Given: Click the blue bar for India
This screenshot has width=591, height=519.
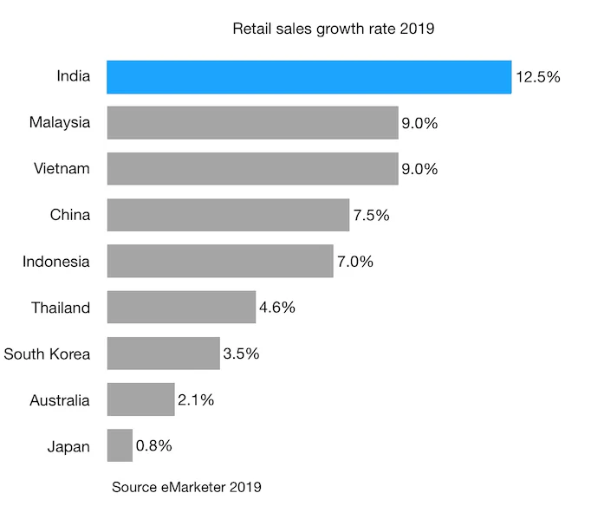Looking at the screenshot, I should (308, 76).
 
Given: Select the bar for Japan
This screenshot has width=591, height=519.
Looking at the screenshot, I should (120, 446).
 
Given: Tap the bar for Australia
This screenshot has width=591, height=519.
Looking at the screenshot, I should (140, 400).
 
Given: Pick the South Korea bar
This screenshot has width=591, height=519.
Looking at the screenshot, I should (163, 354).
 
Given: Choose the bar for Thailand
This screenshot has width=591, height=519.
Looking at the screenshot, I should (181, 307).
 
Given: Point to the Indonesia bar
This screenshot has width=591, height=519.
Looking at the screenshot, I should (220, 261).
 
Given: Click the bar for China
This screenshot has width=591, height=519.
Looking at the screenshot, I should (228, 214).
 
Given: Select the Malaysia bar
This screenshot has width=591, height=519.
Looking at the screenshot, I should (252, 122).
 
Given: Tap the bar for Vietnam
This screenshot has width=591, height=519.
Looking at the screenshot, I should (252, 168).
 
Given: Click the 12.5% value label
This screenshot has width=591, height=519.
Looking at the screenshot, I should (538, 76).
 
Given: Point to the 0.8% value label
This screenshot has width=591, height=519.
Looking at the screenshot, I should (154, 446).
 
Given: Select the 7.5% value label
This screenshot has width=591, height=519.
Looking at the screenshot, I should (371, 214).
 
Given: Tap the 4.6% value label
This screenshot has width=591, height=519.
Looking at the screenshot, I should (277, 307).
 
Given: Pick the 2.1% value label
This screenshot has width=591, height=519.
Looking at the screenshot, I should (196, 400).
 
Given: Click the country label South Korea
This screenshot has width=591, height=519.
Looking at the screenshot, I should (47, 354).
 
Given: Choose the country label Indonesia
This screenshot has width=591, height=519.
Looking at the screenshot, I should (56, 261).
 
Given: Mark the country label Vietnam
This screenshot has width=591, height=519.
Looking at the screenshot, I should (60, 168).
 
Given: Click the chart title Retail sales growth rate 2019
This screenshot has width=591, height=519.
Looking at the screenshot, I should (333, 29).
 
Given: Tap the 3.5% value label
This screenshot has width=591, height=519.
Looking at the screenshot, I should (241, 354).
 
